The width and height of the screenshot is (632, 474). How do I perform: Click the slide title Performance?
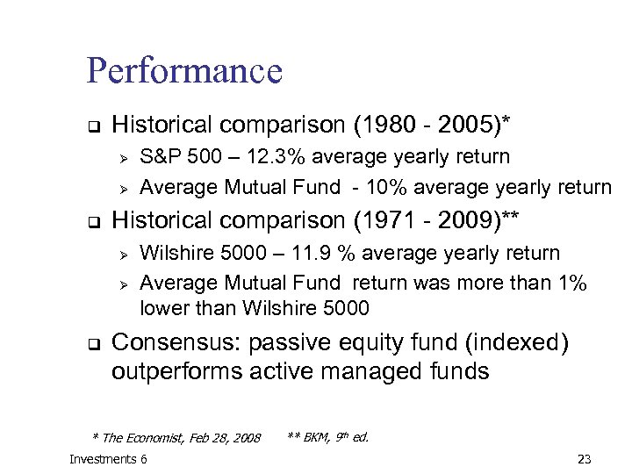[x=184, y=71]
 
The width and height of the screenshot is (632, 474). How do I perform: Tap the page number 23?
[x=585, y=459]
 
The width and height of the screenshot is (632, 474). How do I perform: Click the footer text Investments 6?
[x=108, y=459]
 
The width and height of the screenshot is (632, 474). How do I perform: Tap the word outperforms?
[x=176, y=371]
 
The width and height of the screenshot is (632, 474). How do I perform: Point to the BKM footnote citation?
[x=328, y=436]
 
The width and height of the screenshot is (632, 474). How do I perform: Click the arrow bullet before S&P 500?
[x=124, y=158]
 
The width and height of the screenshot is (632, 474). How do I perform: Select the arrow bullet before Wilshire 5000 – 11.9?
[x=124, y=255]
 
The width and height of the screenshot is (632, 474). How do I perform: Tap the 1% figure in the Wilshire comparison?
[x=570, y=283]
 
